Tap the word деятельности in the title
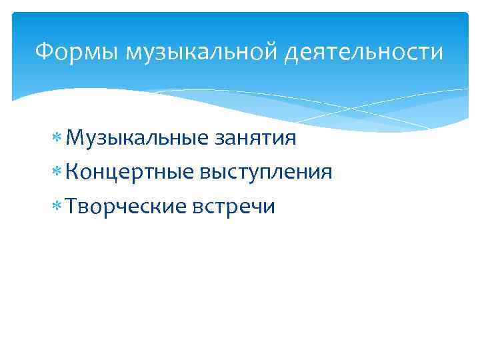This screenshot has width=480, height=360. [363, 51]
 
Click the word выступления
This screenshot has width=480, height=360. [265, 173]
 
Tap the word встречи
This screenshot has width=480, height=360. [232, 207]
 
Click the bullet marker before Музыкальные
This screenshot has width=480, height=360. [57, 139]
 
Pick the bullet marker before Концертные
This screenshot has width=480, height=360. [57, 173]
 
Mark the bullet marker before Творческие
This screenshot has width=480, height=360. [57, 207]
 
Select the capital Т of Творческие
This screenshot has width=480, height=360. [71, 206]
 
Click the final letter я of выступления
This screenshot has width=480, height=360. [326, 173]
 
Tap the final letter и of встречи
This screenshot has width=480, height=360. [269, 207]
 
